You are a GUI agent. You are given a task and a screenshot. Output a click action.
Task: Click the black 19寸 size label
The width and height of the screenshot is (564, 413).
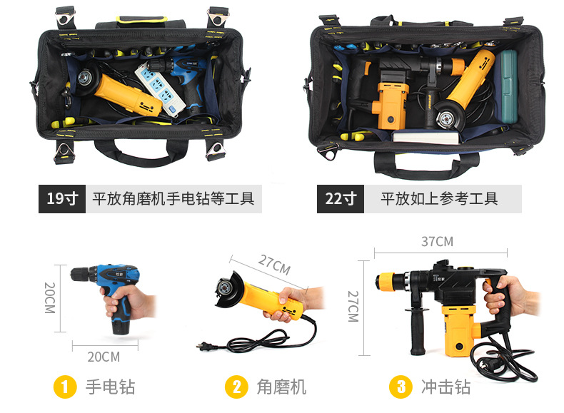pos(62,199)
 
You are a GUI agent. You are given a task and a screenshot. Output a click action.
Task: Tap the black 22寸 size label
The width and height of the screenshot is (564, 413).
pos(341,199)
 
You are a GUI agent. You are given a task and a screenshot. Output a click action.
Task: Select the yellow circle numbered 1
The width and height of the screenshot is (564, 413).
pos(65,387)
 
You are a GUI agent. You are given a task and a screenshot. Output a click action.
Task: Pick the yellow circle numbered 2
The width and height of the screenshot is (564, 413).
pos(236,387)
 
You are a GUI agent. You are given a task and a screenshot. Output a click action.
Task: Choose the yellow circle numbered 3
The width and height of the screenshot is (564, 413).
pos(401,387)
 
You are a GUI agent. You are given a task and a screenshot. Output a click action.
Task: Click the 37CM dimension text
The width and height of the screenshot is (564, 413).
pos(437,242)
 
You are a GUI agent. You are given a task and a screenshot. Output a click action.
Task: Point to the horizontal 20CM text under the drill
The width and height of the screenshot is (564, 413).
pos(104,357)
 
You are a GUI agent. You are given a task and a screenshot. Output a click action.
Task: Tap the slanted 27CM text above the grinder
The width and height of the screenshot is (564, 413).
pos(274,265)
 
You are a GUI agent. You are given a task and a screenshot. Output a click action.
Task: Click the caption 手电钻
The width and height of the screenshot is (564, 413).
pos(110,387)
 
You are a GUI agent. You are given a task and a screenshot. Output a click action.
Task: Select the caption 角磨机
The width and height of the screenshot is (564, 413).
pos(281,387)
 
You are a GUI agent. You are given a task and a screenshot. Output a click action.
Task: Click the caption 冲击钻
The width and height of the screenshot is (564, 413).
pos(445,387)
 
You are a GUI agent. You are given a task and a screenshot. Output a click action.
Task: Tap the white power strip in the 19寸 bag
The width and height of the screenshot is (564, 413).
pos(160,88)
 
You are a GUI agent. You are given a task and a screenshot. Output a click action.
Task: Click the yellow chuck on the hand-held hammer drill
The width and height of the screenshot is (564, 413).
pos(386,281)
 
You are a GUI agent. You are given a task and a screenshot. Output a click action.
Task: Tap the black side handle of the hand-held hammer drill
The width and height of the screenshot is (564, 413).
pos(417,331)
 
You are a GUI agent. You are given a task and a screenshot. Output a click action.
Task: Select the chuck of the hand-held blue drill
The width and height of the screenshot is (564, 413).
pos(81,275)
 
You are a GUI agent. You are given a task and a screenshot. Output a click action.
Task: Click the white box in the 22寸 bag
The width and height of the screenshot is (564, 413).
pos(426,137)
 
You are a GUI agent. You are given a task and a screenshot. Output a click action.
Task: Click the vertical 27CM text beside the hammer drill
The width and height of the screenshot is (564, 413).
pos(353,306)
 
